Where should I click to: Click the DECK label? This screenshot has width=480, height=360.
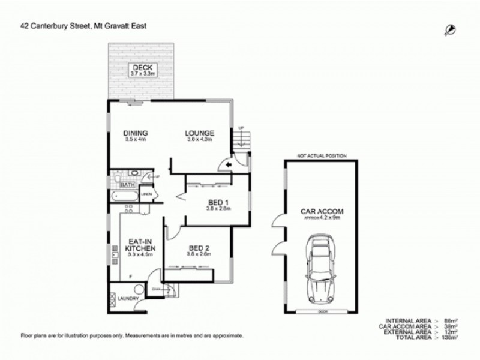click(143, 67)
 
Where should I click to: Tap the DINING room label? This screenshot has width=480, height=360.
click(136, 133)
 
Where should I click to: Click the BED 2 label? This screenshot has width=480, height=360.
click(198, 247)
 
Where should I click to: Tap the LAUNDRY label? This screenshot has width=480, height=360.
click(129, 298)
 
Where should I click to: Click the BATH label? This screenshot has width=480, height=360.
click(127, 185)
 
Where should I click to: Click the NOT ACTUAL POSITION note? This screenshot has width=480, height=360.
click(322, 156)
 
